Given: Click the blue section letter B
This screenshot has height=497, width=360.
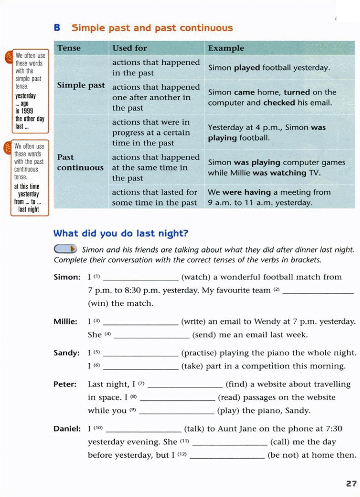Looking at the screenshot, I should (57, 28).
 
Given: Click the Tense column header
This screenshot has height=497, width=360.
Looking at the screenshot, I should (69, 48).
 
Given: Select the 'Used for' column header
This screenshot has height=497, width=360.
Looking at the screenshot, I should (129, 48).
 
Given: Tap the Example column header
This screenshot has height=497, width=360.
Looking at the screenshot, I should (226, 48).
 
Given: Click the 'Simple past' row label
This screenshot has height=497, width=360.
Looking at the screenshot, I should (81, 85).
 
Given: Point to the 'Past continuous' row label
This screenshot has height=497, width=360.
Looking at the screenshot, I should (80, 162).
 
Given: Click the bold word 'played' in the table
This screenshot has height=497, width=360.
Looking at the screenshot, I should (247, 68).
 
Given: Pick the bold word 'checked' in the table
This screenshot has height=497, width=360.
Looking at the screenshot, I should (279, 103).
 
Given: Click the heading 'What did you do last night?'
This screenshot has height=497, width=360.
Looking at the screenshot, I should (121, 233).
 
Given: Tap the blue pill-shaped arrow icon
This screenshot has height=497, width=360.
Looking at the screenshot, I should (65, 249).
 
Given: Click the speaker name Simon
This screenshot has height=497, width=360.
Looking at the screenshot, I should (67, 277).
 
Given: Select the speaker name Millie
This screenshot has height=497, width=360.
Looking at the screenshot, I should (65, 322).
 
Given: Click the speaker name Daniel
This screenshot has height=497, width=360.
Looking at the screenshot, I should (67, 429).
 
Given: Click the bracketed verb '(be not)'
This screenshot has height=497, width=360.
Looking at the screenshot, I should (283, 455).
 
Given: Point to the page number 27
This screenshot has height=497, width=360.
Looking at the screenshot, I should (351, 484).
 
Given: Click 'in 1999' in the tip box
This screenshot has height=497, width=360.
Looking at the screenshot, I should (24, 111).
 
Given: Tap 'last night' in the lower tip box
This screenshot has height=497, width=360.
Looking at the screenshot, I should (28, 209).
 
